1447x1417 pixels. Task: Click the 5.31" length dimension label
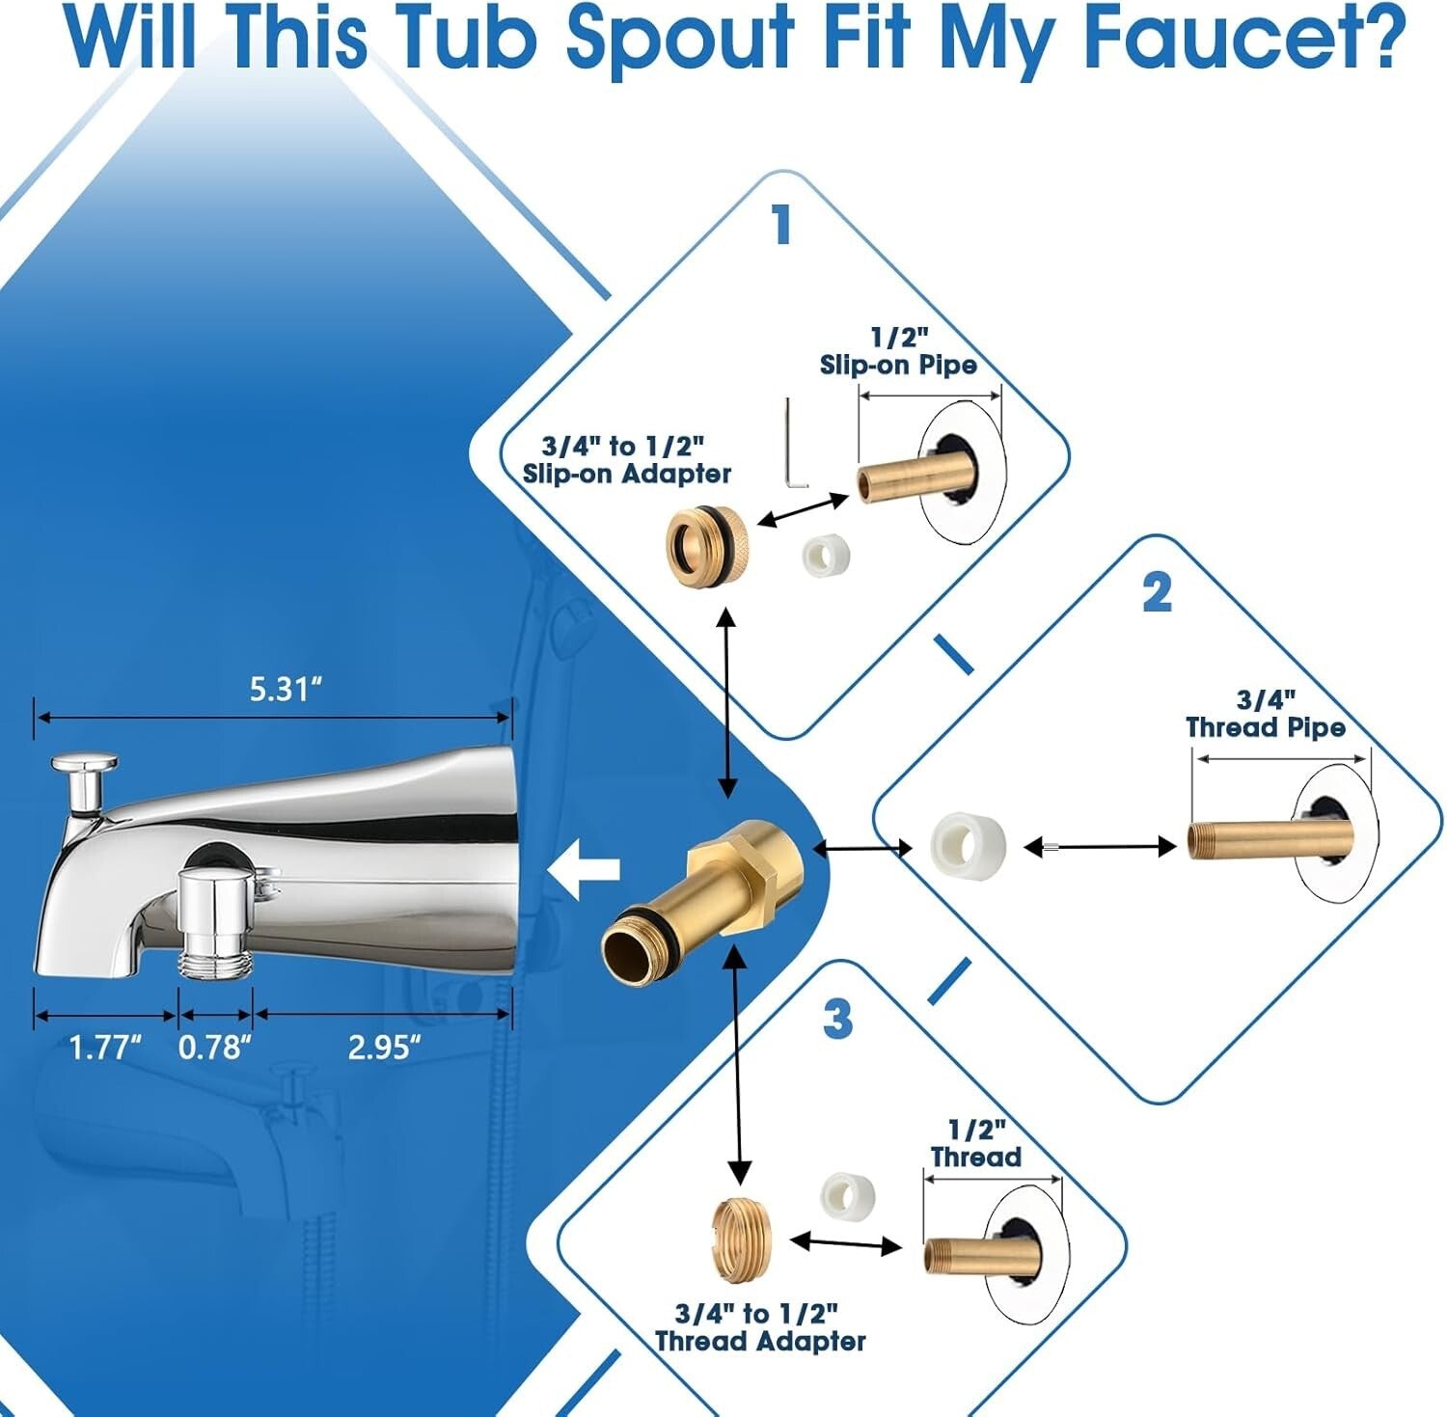pyautogui.click(x=285, y=690)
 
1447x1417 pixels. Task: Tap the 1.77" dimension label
pyautogui.click(x=105, y=1047)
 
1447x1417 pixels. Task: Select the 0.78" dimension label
pyautogui.click(x=215, y=1047)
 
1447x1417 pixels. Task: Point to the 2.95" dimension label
pyautogui.click(x=384, y=1047)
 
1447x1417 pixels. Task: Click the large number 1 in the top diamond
pyautogui.click(x=781, y=225)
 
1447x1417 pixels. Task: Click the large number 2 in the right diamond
pyautogui.click(x=1157, y=592)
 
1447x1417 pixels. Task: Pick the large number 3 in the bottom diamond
pyautogui.click(x=837, y=1019)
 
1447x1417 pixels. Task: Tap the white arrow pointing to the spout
pyautogui.click(x=584, y=869)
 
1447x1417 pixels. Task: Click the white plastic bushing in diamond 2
pyautogui.click(x=968, y=845)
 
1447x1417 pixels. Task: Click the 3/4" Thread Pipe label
pyautogui.click(x=1265, y=714)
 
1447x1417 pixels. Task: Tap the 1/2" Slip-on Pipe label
pyautogui.click(x=898, y=351)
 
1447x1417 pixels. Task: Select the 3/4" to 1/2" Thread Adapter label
pyautogui.click(x=759, y=1327)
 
